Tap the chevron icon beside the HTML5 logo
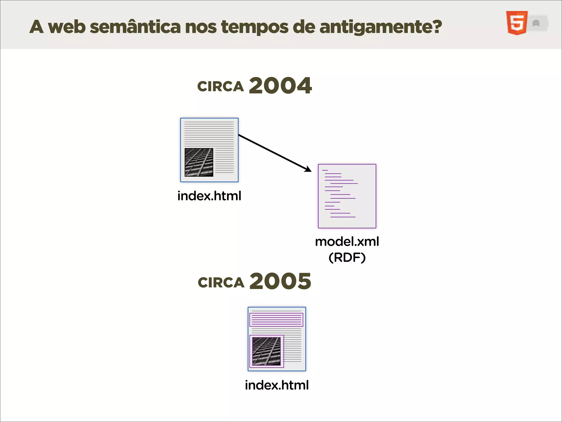(536, 23)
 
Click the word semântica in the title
(135, 27)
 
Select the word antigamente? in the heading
(381, 27)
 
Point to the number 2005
(280, 281)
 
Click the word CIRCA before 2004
(221, 87)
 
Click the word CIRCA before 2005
(221, 282)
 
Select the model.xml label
(347, 241)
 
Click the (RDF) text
(347, 257)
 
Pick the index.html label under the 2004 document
(209, 196)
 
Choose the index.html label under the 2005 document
(277, 385)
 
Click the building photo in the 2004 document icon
(199, 162)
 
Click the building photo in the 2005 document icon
(266, 351)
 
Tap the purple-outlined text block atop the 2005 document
(276, 320)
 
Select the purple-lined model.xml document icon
(347, 196)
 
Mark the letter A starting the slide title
(36, 27)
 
